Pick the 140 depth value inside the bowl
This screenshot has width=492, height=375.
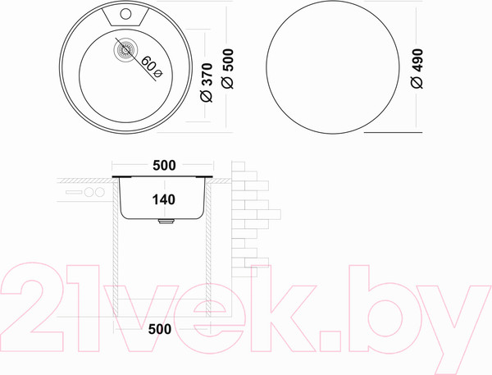(x=164, y=198)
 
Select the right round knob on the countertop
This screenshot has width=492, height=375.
(x=99, y=194)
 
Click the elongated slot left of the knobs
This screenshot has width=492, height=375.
(x=72, y=194)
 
